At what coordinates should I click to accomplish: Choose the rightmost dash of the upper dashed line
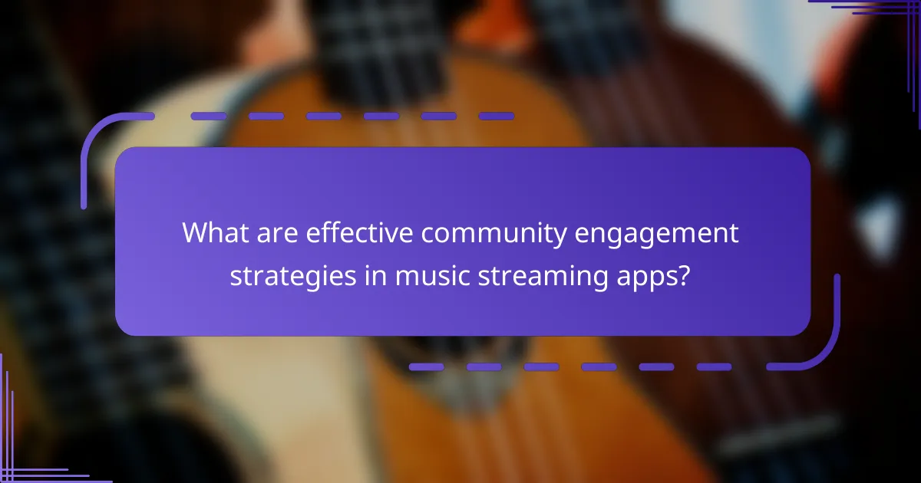coord(496,117)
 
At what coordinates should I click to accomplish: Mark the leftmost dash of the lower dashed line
coord(426,367)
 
